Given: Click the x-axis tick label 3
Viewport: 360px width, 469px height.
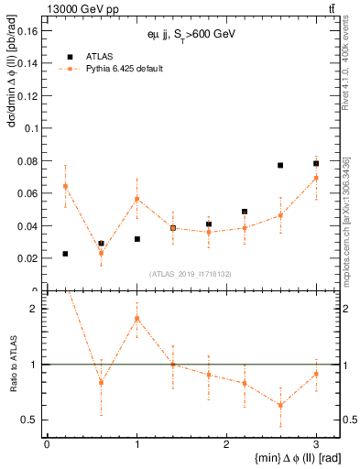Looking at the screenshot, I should pos(316,444).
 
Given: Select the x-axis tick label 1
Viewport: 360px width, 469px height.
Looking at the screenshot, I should pos(136,444).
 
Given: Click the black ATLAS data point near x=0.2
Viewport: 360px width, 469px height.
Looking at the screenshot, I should pos(65,254).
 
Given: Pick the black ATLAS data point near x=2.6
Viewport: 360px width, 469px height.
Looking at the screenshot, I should pos(280,166).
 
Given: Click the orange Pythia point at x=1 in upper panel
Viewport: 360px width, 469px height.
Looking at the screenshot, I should pos(136,199).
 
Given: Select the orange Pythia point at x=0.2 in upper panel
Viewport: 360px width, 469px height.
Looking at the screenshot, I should pos(65,186).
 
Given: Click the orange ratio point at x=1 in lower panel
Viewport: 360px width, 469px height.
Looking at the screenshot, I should pos(136,319).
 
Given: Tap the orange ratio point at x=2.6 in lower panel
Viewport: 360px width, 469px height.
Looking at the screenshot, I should pos(280,405).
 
